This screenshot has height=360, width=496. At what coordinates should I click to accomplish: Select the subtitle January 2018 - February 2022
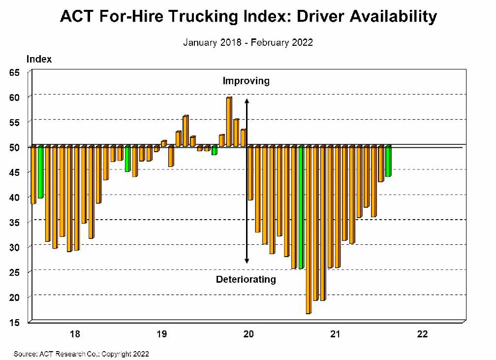pos(248,42)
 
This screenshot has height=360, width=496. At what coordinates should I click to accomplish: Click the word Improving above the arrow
pos(246,81)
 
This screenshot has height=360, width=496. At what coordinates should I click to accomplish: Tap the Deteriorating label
pos(246,280)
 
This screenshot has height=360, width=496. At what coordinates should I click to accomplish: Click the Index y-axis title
pos(39,59)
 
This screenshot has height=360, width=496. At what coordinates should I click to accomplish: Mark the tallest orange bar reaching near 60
pos(229,122)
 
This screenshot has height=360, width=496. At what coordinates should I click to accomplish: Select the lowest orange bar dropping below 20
pos(309,229)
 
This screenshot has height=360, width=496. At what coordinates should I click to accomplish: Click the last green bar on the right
pos(388,161)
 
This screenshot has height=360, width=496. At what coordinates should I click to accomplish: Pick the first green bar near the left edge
pos(41,172)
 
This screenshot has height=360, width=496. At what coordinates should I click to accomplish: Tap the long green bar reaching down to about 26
pos(301,207)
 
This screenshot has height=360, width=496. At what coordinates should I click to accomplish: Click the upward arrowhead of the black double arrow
pos(248,100)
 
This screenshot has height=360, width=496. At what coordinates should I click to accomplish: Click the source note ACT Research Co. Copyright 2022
pos(81,354)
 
